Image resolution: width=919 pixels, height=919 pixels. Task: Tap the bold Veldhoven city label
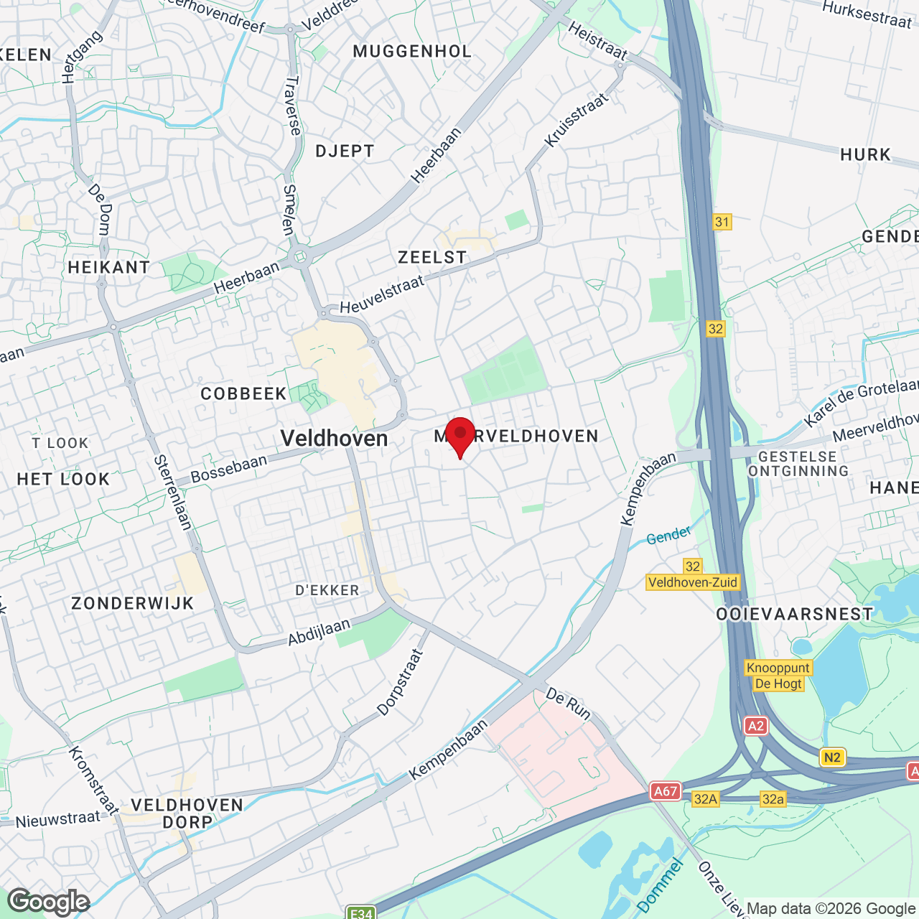point(334,438)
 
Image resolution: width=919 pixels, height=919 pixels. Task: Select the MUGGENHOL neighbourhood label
point(412,51)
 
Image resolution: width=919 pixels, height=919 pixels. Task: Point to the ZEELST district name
point(432,257)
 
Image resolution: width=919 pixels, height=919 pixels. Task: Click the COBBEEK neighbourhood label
point(243,393)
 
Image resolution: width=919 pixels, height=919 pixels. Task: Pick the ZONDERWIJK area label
point(133,603)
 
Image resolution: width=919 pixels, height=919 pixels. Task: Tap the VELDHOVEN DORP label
point(187,813)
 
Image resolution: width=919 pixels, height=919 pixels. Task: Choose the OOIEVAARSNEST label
point(795,614)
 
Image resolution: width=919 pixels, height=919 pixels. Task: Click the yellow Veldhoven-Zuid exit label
point(693,582)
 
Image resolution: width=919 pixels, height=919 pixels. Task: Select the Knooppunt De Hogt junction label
point(778,676)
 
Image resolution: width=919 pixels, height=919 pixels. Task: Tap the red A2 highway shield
point(756,726)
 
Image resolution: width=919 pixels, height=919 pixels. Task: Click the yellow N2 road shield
point(832,757)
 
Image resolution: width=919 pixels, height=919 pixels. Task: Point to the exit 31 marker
point(722,222)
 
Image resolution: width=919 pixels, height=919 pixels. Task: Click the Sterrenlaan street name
point(173,493)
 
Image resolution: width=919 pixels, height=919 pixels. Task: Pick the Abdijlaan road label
point(319,632)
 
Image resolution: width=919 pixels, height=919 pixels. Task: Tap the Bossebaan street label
point(228,468)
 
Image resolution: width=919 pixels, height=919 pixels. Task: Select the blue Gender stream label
point(668,535)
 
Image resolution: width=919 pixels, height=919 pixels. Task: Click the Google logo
point(49,902)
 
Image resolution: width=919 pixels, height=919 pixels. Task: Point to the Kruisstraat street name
point(577,120)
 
